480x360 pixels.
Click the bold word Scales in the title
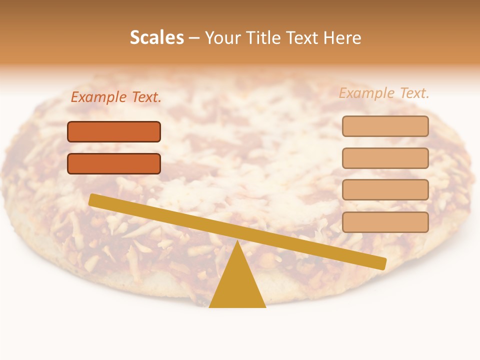[x=156, y=37]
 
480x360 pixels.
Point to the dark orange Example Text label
[x=116, y=97]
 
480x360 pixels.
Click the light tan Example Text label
[x=384, y=93]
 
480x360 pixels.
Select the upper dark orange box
[x=114, y=131]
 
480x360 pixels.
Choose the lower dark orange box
[x=114, y=163]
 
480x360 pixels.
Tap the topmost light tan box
[x=385, y=126]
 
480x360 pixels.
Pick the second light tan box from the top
[x=385, y=158]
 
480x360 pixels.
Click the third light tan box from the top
[x=385, y=190]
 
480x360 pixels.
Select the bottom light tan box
[x=385, y=222]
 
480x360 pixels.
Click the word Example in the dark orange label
[x=98, y=97]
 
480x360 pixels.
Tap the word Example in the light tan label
[x=366, y=93]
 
